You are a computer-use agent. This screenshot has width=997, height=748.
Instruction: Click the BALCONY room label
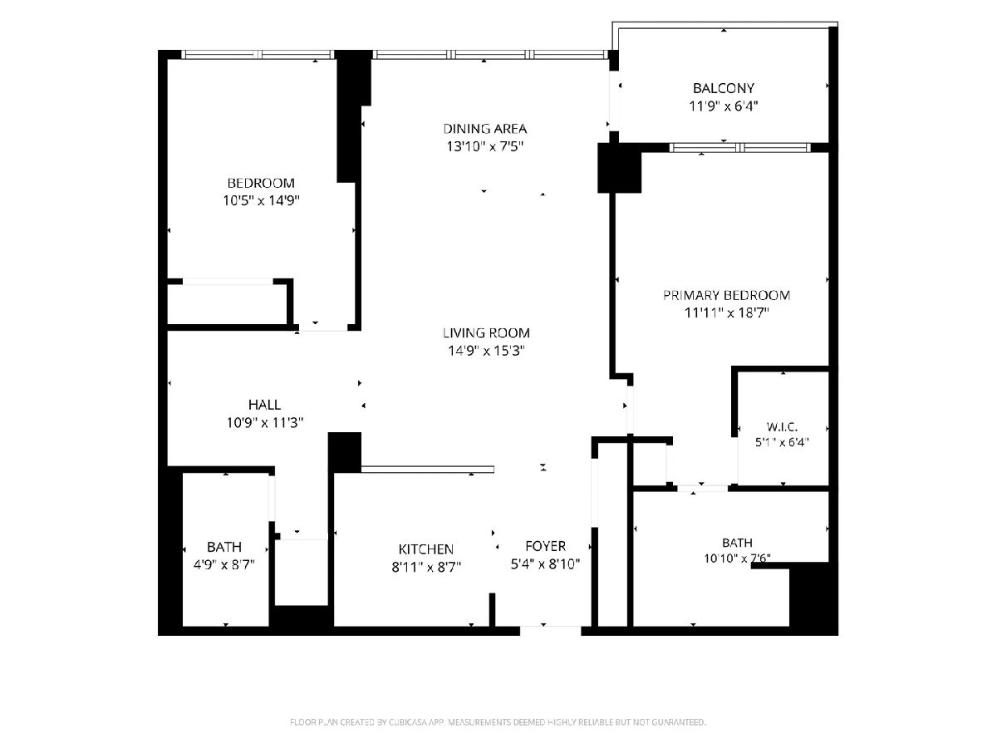pos(723,87)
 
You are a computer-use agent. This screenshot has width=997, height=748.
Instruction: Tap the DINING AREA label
pos(484,129)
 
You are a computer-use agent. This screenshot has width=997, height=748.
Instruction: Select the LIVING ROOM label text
pos(486,333)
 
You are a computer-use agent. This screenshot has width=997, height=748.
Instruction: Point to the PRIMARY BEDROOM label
pos(726,295)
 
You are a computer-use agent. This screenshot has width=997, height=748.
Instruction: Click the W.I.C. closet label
pos(782,427)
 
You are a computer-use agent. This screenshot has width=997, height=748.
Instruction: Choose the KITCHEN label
pos(425,549)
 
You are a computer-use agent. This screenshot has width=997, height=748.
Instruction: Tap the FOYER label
pos(545,546)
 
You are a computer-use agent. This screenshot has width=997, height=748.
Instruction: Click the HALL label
pos(264,405)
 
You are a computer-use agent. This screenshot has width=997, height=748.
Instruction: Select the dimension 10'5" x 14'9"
pos(261,200)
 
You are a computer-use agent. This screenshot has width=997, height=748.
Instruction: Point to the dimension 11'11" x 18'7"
pos(727,312)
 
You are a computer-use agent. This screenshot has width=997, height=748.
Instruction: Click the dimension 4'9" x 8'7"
pos(224,564)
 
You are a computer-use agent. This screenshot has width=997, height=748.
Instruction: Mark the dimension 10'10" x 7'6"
pos(737,559)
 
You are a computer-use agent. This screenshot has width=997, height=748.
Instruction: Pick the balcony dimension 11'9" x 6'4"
pos(723,106)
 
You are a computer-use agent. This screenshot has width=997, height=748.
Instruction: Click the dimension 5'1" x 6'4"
pos(782,442)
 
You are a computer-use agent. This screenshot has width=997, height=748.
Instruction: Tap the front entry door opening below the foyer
pos(551,630)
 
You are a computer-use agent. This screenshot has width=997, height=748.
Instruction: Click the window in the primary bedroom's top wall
pos(740,148)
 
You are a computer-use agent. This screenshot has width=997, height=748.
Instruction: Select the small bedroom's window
pos(258,55)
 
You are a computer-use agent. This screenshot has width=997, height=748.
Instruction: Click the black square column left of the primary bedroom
pos(619,168)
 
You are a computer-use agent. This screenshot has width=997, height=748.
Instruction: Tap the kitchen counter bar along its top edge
pos(427,469)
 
